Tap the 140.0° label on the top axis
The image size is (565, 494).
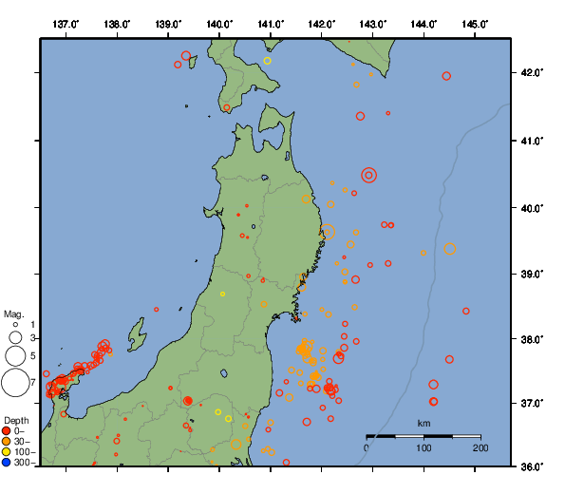[x=219, y=24]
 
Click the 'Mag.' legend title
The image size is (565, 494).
[x=13, y=313]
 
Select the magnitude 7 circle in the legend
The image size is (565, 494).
[x=15, y=383]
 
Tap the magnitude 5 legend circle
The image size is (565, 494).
[x=15, y=355]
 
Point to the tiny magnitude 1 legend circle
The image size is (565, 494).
[x=15, y=324]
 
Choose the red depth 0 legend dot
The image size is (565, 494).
[x=7, y=430]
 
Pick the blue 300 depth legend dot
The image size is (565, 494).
[x=7, y=463]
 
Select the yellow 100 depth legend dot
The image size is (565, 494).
[x=7, y=452]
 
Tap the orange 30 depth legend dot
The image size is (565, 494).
[x=7, y=442]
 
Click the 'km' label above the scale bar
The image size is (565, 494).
[x=424, y=423]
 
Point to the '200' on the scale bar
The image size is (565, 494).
[x=480, y=447]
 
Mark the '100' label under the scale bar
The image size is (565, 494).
[x=424, y=447]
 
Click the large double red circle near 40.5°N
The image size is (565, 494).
[x=369, y=175]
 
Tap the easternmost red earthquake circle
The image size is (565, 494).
[x=466, y=311]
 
